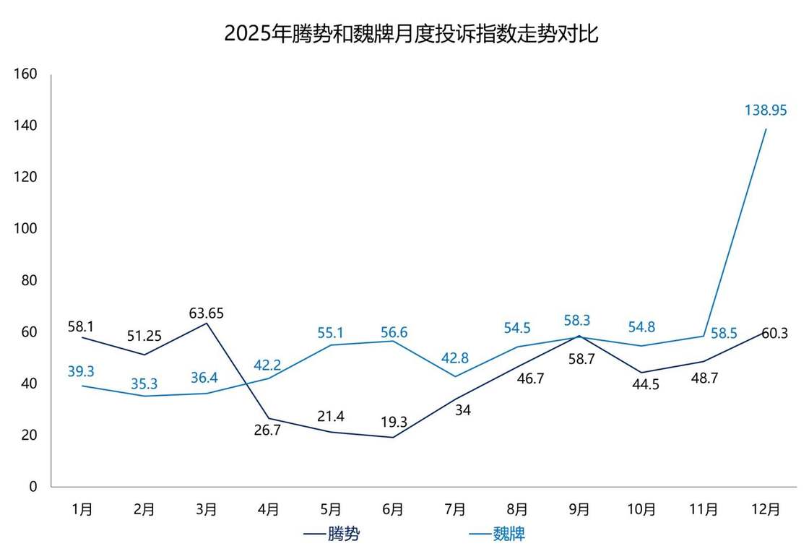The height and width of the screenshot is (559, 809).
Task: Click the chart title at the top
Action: click(x=411, y=34)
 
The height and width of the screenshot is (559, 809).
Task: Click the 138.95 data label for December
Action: click(x=766, y=110)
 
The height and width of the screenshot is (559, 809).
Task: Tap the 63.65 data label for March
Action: click(x=207, y=313)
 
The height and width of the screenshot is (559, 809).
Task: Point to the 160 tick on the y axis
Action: click(x=26, y=74)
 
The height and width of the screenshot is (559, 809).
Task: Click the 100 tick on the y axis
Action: click(x=26, y=229)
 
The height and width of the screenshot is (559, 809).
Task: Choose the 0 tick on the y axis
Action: click(x=33, y=487)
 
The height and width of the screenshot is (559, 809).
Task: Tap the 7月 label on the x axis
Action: click(x=454, y=509)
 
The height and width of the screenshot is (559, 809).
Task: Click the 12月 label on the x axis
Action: click(x=766, y=509)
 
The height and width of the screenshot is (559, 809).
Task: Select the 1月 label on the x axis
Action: click(x=82, y=509)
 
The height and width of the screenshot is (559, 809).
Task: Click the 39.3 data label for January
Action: click(x=81, y=371)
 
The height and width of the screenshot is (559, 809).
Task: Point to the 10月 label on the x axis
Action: click(x=641, y=509)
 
